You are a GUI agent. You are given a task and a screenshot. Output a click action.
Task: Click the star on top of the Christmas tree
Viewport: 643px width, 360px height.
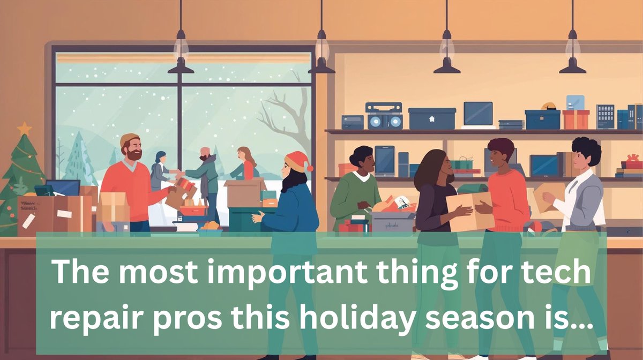point(24,129)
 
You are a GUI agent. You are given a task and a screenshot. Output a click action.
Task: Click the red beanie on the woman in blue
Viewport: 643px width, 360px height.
point(297,161)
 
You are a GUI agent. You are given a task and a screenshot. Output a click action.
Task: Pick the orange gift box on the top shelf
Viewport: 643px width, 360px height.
point(575,118)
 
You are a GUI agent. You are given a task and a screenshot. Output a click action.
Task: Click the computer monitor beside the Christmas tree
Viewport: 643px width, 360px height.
point(63,188)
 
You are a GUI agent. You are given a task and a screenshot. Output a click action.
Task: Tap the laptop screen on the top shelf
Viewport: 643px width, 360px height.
point(478,114)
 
